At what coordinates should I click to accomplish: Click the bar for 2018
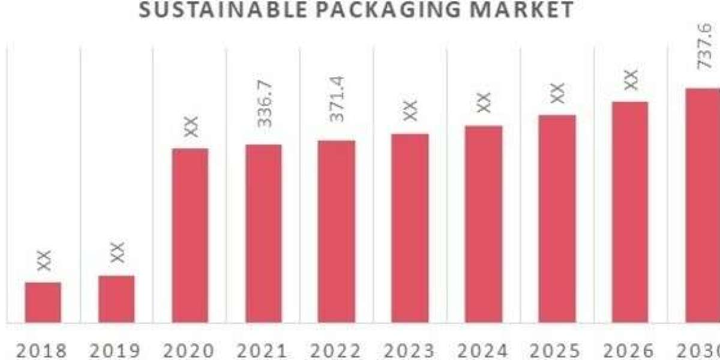click(43, 302)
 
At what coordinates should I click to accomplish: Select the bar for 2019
click(116, 299)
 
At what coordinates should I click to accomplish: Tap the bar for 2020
click(190, 235)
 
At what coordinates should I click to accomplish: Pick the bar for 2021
click(263, 233)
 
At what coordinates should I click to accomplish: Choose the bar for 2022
click(337, 232)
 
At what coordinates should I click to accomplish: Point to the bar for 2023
click(410, 228)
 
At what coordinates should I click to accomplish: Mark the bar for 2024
click(484, 224)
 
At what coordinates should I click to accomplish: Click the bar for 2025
click(557, 219)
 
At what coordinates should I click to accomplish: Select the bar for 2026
click(630, 212)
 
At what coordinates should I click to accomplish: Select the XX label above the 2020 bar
click(191, 127)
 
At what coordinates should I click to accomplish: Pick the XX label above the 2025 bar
click(558, 93)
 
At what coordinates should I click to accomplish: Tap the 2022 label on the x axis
click(337, 350)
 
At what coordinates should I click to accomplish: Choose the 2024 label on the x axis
click(484, 350)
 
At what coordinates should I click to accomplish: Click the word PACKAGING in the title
click(369, 10)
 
